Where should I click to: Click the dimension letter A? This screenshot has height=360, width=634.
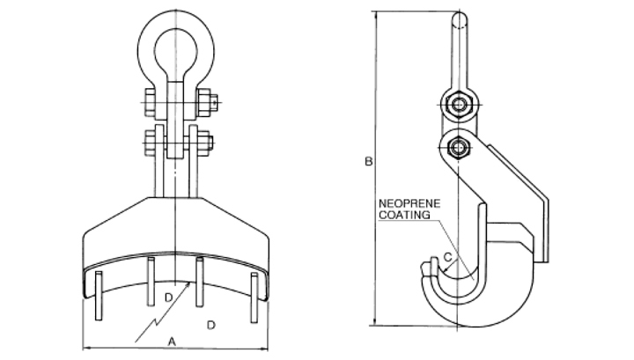(x=172, y=342)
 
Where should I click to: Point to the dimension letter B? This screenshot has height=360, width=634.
(x=368, y=162)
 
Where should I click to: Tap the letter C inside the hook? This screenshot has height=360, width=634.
(x=447, y=257)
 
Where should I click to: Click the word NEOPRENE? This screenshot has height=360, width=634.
(x=409, y=203)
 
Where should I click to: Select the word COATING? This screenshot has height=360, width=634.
(x=404, y=215)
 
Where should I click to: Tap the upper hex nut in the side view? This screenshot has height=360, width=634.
(x=458, y=105)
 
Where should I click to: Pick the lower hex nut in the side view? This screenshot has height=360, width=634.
(x=458, y=148)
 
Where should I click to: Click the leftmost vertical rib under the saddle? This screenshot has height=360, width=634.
(x=99, y=296)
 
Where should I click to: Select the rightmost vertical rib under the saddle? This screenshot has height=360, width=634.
(x=254, y=298)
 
